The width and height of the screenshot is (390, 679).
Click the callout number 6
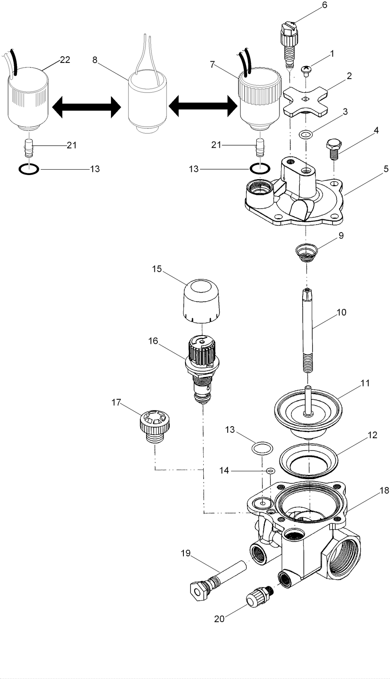coord(324,5)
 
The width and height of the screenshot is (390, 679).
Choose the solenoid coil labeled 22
coord(28,97)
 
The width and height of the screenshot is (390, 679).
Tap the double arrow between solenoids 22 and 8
coord(87,107)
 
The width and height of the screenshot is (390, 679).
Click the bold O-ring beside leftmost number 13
coord(29,169)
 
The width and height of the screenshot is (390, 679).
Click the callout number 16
coord(153,341)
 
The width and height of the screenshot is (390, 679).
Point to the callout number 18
coord(384,491)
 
